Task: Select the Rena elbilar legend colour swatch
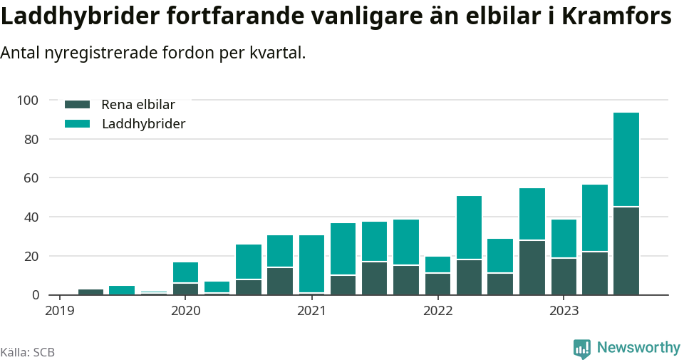tap(77, 104)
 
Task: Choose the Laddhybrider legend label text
tap(143, 124)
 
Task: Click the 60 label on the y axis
tap(29, 178)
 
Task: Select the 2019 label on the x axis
tap(59, 310)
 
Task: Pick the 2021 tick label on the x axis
tap(311, 310)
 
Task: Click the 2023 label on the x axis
tap(563, 310)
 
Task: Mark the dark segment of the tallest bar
tap(626, 250)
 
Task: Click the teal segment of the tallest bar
tap(626, 160)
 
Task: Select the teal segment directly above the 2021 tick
tap(311, 263)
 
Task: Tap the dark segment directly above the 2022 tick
tap(437, 284)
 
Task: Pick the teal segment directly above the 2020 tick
tap(186, 272)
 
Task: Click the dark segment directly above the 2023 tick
tap(564, 276)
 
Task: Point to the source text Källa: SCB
tap(28, 352)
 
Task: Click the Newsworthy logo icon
tap(581, 348)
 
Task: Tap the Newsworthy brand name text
tap(638, 347)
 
